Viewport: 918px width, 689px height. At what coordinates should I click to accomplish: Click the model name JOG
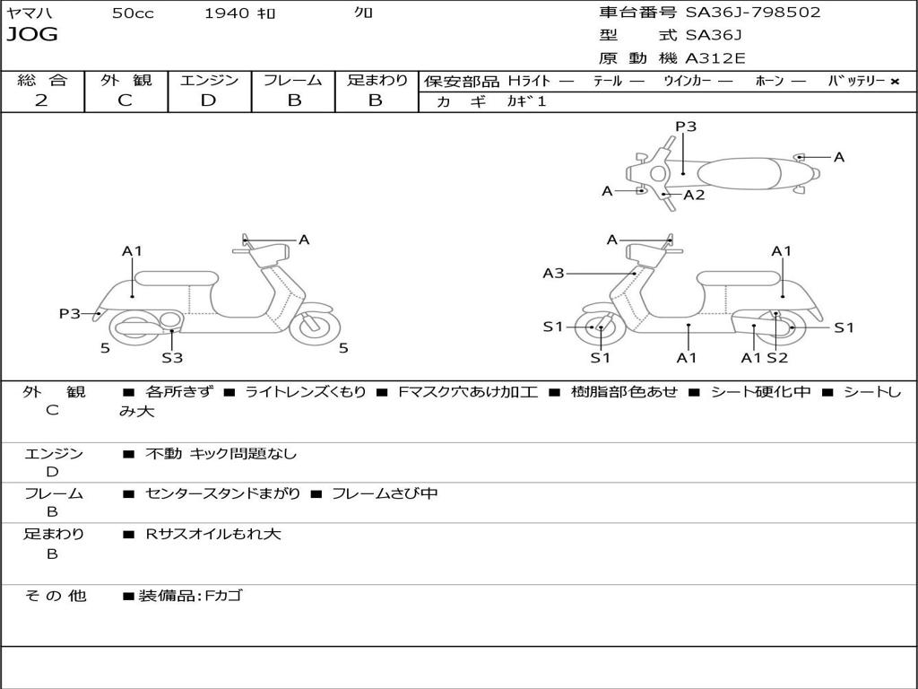[32, 35]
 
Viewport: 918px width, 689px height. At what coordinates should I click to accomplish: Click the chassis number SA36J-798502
[753, 12]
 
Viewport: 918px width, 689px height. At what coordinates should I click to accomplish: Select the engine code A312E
[715, 58]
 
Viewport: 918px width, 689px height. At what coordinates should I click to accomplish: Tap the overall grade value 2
[41, 100]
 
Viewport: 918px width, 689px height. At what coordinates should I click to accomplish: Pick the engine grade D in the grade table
[208, 100]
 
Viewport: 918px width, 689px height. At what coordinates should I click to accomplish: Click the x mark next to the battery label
[895, 82]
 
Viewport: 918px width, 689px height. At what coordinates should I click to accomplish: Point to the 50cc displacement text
[133, 13]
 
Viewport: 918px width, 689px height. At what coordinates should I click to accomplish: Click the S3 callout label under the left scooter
[172, 357]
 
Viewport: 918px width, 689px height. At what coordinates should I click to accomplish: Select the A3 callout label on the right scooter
[553, 273]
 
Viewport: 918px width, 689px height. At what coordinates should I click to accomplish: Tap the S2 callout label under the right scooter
[777, 357]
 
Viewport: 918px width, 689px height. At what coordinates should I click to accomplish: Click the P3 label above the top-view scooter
[686, 126]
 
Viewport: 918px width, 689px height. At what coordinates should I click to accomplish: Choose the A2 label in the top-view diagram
[694, 195]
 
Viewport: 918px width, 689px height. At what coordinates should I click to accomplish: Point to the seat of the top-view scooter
[739, 174]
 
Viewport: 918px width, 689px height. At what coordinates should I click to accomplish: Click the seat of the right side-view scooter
[740, 278]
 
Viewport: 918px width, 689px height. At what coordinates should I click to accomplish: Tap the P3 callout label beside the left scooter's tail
[70, 313]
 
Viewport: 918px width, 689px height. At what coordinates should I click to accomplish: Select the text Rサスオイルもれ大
[213, 534]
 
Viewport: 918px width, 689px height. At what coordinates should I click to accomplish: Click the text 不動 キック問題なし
[221, 453]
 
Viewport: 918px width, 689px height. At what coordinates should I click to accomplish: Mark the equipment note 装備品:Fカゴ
[190, 596]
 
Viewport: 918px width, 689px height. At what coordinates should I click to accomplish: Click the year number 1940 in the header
[227, 13]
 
